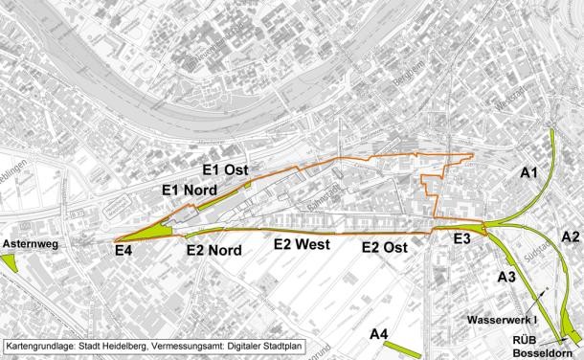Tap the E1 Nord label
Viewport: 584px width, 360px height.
(189, 190)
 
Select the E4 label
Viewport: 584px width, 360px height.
(124, 251)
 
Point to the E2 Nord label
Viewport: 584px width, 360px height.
(214, 251)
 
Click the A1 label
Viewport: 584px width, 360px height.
(529, 173)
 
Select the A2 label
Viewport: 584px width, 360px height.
(570, 236)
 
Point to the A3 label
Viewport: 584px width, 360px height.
(508, 277)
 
